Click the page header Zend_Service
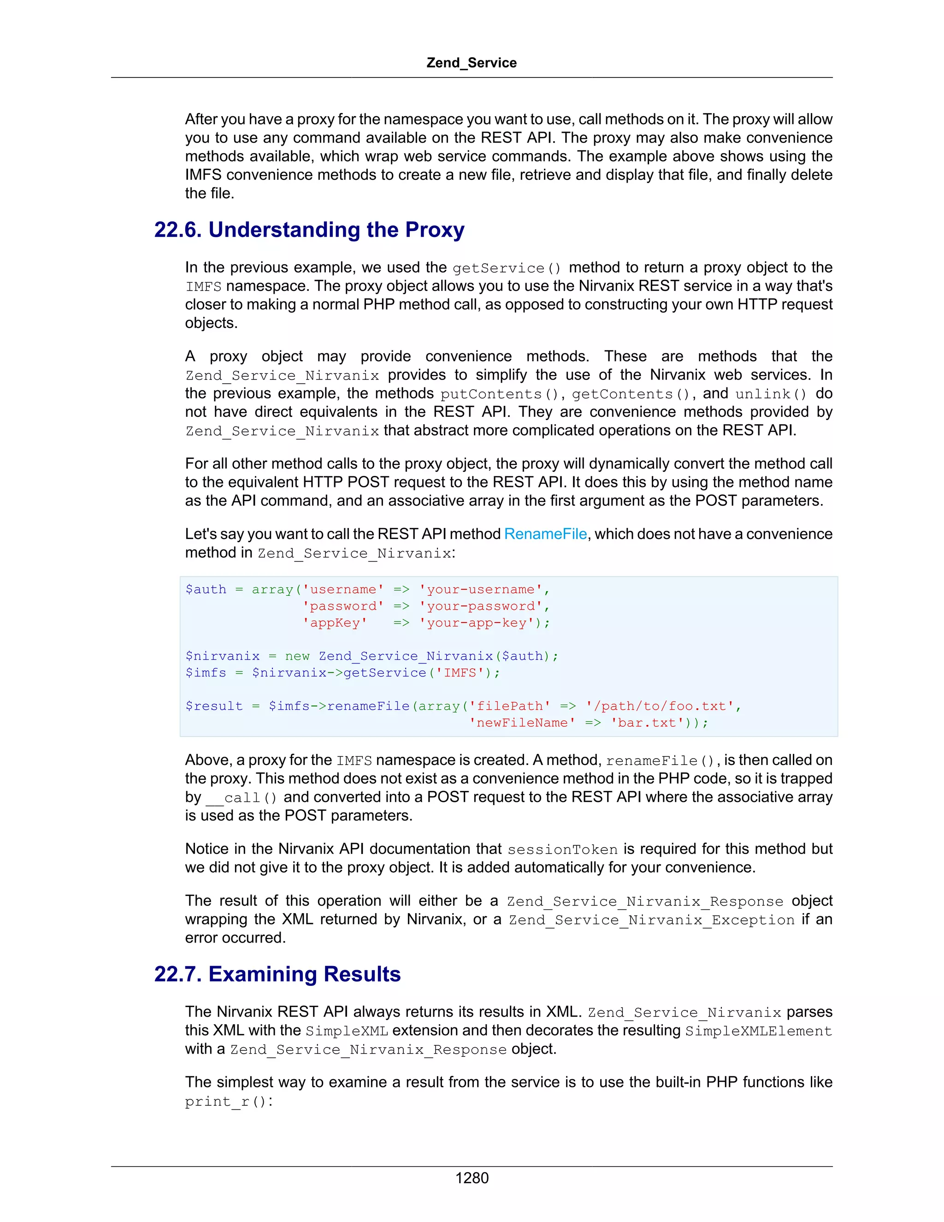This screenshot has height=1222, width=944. (x=471, y=63)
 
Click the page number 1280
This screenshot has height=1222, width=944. (x=472, y=1178)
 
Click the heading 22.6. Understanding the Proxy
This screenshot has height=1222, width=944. (x=309, y=230)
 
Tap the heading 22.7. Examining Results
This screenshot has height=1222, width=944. (x=277, y=974)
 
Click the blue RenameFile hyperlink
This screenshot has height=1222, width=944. (x=545, y=534)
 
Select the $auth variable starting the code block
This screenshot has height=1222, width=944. (x=206, y=590)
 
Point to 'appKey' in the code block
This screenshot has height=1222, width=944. (x=335, y=623)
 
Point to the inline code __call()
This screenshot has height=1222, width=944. (x=242, y=798)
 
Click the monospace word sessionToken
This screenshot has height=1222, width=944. (x=562, y=850)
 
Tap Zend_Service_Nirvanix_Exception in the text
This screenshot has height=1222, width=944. (x=651, y=920)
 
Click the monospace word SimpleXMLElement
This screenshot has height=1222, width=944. (x=758, y=1031)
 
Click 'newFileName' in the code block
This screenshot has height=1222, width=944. (x=522, y=723)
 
